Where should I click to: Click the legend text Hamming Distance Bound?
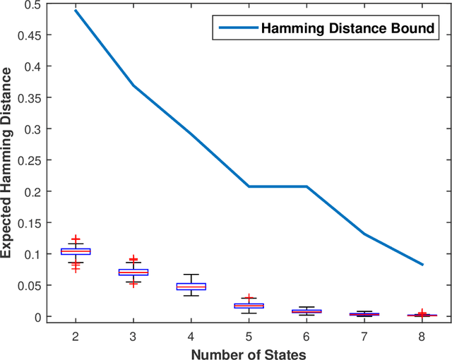(x=347, y=29)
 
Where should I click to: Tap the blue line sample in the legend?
(x=237, y=29)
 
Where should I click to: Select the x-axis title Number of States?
(x=249, y=353)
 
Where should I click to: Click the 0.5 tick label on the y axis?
(x=33, y=4)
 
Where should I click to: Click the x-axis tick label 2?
(x=76, y=336)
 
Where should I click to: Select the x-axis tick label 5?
(x=249, y=336)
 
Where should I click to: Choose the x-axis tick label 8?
(x=422, y=336)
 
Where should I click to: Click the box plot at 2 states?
(x=76, y=251)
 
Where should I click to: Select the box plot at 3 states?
(x=133, y=272)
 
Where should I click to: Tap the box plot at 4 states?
(x=191, y=286)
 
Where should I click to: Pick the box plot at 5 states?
(x=249, y=306)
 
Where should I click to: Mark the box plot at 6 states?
(x=307, y=311)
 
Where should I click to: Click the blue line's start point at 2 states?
(x=76, y=11)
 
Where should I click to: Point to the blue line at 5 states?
(x=249, y=186)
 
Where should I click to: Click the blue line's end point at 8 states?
(x=422, y=265)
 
